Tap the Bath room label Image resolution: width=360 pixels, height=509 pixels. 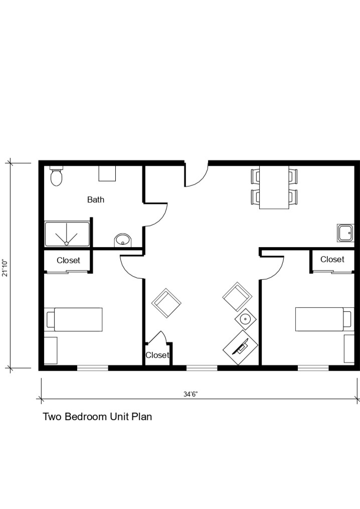point(96,200)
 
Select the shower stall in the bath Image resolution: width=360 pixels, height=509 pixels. point(67,234)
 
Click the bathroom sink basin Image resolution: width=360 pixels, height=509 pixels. point(122,240)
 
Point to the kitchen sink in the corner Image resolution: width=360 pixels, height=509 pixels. point(345,233)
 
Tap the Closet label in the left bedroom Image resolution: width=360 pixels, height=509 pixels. point(68,261)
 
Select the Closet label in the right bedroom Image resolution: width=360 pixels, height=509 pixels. point(332,259)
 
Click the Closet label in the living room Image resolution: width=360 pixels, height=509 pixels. point(157,356)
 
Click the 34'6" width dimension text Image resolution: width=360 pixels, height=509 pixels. point(190,394)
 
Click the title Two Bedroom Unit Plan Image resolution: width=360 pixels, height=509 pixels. point(97,417)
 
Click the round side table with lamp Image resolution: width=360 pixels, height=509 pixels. point(245,319)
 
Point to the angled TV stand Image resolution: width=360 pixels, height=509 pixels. point(240,347)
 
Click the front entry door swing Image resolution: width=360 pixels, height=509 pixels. point(195,175)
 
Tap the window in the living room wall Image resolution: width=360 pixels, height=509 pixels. point(202,368)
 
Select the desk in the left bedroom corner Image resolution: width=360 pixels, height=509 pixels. point(51,350)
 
